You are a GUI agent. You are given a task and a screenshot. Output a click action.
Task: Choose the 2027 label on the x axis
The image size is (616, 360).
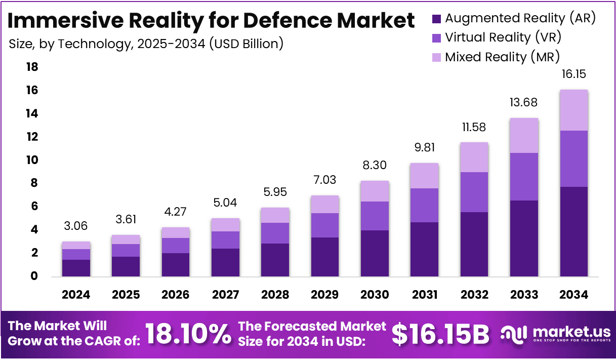(x=225, y=295)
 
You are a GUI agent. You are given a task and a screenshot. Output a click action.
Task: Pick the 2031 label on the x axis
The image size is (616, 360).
(x=424, y=295)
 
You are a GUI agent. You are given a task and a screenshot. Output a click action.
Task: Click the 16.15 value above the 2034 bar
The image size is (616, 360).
(x=574, y=74)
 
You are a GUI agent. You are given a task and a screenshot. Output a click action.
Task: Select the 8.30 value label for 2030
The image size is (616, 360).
(x=375, y=165)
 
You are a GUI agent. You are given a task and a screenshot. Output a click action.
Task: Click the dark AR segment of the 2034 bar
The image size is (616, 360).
(x=574, y=231)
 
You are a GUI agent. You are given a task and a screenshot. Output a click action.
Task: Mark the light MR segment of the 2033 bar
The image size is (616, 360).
(x=524, y=135)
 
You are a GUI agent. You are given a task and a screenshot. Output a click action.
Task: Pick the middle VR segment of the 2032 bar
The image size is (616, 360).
(x=474, y=192)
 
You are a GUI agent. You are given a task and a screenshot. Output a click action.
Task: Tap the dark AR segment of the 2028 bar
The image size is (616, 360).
(x=275, y=260)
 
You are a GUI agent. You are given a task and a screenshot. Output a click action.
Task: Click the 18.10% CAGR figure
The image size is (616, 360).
(x=188, y=334)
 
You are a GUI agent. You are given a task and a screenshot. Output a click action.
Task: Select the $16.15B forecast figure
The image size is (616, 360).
(x=440, y=334)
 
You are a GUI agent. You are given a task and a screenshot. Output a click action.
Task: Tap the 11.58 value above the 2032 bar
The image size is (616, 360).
(x=474, y=127)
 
